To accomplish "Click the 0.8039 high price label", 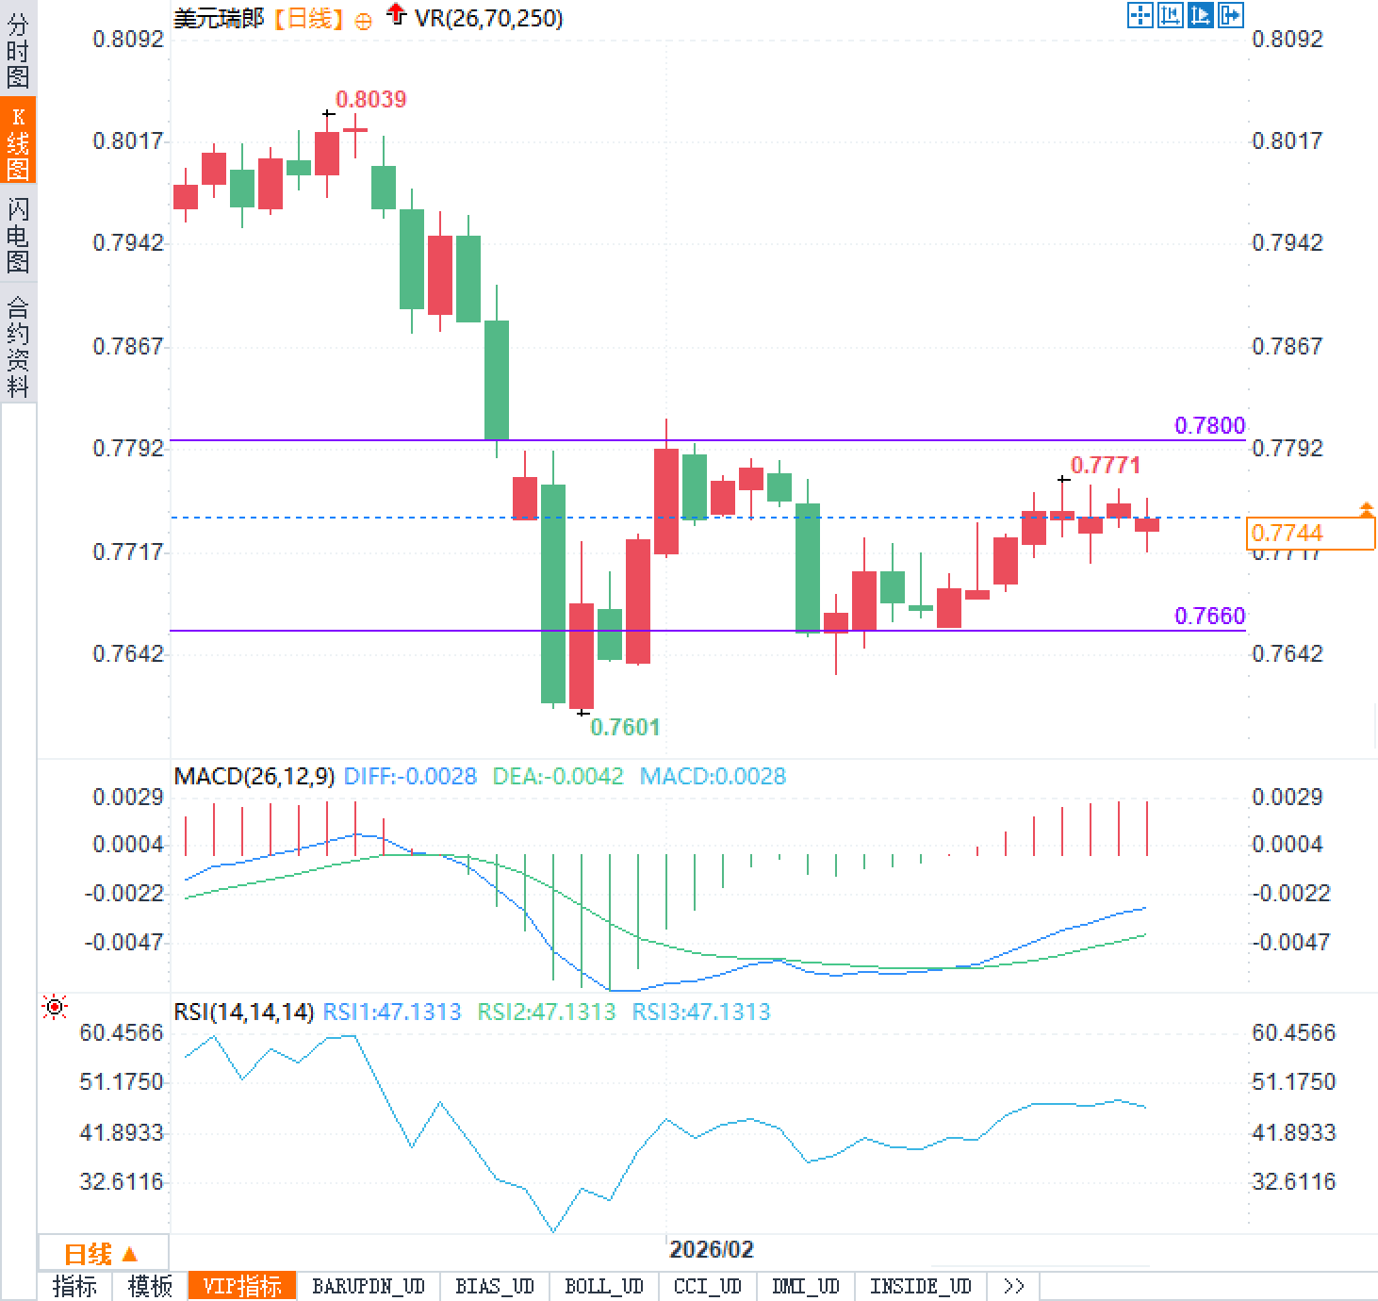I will (370, 99).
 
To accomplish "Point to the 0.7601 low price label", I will (625, 727).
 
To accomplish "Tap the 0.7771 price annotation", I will (1105, 465).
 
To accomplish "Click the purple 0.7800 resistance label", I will (1209, 425).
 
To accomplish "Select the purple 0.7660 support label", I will (1209, 616).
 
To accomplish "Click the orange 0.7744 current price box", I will (1309, 534).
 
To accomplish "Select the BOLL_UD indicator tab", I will (603, 1287).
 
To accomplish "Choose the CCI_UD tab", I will (707, 1287).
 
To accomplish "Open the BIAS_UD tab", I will (494, 1287).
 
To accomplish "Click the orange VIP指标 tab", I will (242, 1287).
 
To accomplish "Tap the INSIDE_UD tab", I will (920, 1287).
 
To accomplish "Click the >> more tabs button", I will (1013, 1287).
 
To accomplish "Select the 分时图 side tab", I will (18, 51).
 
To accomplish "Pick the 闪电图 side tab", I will (18, 235).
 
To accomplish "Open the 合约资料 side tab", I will (18, 346).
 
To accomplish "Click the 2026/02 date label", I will (711, 1250).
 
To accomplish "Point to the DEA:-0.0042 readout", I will (558, 777).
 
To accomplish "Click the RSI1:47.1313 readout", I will (392, 1013).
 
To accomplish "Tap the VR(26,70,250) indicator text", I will (488, 18).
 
